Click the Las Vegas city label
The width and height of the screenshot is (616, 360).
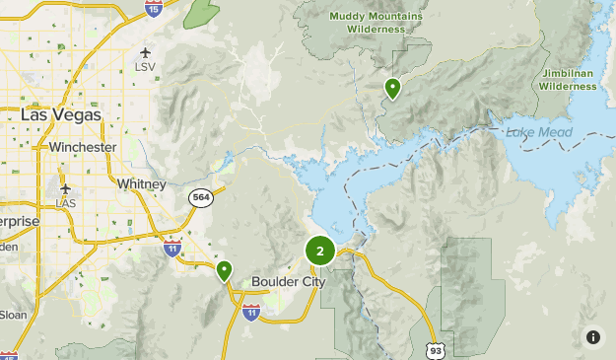tap(60, 115)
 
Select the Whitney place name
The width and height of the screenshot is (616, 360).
tap(141, 184)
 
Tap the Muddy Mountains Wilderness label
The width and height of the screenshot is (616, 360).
tap(375, 23)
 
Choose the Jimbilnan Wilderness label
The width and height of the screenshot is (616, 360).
tap(568, 80)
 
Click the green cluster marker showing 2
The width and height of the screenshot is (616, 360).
tap(320, 252)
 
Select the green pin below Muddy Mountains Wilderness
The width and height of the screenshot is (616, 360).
tap(392, 89)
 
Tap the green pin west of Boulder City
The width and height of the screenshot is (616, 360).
tap(225, 269)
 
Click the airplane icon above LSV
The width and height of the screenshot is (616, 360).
tap(147, 52)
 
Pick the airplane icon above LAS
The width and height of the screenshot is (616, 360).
tap(66, 188)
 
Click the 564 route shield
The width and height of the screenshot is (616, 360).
tap(201, 198)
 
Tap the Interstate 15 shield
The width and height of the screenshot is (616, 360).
tap(153, 8)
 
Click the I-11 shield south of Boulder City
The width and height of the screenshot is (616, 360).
tap(250, 313)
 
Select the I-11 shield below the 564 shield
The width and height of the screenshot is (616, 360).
tap(173, 247)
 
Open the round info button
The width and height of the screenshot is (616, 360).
tap(593, 337)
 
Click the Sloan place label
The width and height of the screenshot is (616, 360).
tap(13, 315)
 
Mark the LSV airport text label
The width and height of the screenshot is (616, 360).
tap(147, 67)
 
